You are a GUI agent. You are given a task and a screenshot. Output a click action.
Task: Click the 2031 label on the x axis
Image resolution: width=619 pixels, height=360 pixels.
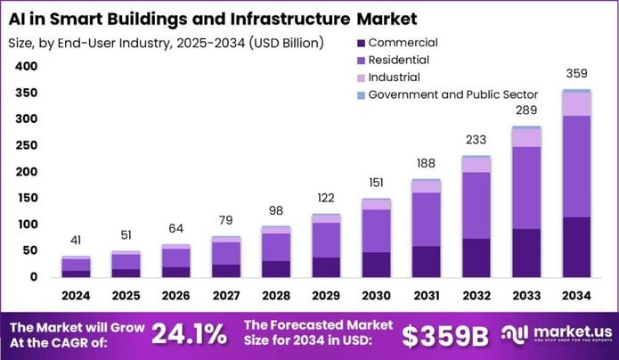(x=425, y=294)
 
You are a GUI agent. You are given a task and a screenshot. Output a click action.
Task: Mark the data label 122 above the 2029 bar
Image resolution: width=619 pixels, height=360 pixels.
(x=326, y=198)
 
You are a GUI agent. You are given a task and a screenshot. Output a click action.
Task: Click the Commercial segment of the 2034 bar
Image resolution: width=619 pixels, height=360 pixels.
(x=576, y=246)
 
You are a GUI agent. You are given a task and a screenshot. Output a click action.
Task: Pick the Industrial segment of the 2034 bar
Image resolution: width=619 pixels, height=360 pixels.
(x=576, y=103)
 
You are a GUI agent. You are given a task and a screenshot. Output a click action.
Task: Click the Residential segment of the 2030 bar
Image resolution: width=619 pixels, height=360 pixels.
(x=376, y=230)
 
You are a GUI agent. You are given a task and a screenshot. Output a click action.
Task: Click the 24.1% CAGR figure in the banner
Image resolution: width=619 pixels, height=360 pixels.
(x=188, y=334)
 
